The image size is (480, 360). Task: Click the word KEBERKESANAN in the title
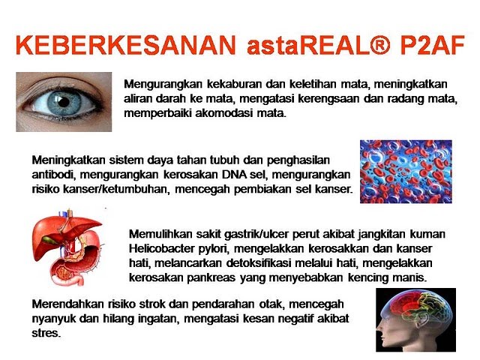point(126,45)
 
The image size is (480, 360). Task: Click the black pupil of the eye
point(64,102)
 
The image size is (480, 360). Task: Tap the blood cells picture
point(406,172)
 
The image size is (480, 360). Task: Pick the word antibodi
point(51,175)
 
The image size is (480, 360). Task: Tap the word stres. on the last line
point(46,333)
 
